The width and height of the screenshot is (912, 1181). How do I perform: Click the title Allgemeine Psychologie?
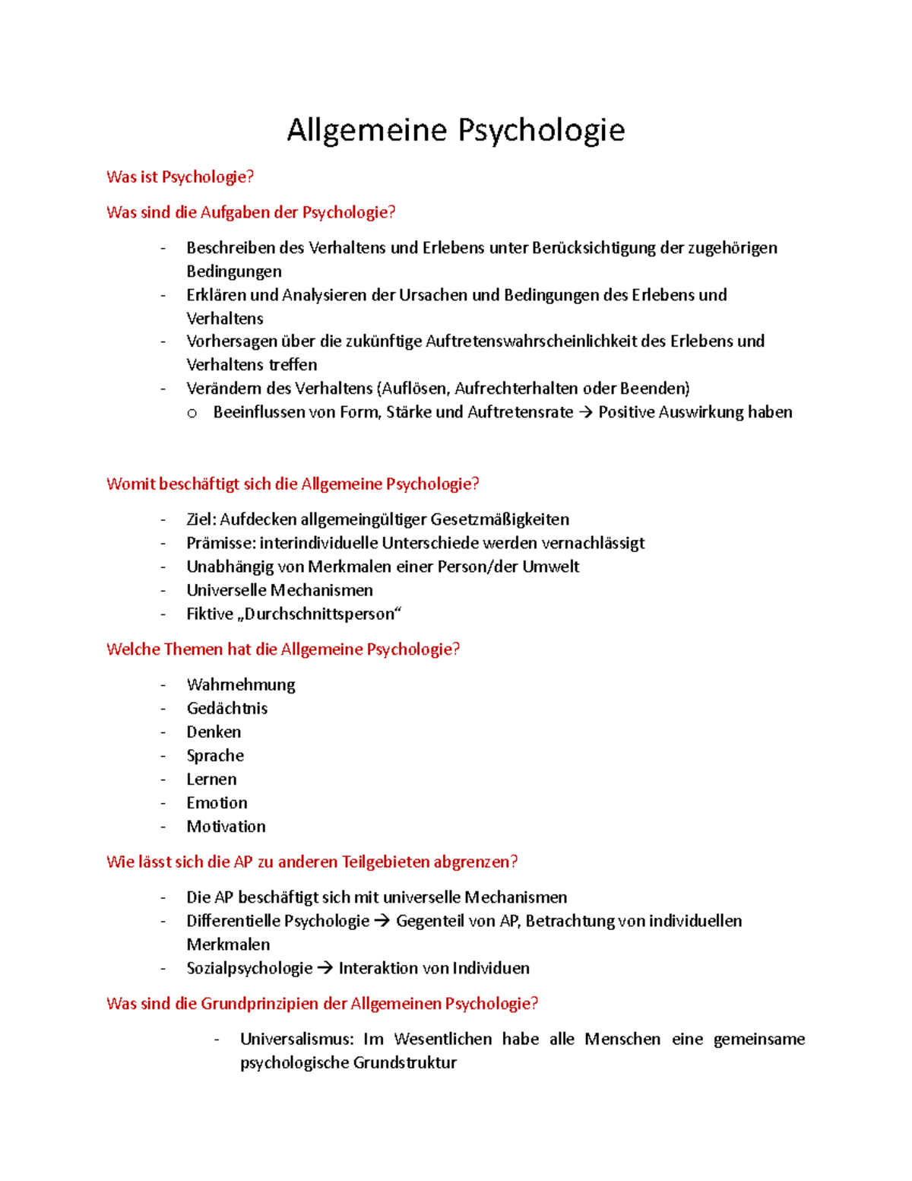[455, 130]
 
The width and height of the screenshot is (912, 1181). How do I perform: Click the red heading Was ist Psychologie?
[180, 177]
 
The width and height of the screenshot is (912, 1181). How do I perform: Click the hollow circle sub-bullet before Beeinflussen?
[192, 413]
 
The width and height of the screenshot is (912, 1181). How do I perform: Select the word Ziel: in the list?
[201, 519]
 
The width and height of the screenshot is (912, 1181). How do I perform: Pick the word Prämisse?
[221, 543]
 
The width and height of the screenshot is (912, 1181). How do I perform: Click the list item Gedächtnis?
[227, 708]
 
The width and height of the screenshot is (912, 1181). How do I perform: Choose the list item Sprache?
[215, 755]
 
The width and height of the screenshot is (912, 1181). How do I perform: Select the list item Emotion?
[217, 802]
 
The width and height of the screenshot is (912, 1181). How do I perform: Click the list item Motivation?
[226, 826]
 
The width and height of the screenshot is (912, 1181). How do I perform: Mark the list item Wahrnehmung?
[241, 684]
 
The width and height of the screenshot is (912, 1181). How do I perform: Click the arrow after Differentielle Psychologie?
[382, 921]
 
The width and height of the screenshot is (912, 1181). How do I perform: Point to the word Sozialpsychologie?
[249, 968]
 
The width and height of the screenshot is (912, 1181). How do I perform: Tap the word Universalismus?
[296, 1039]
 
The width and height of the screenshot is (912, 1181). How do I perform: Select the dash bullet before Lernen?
[163, 779]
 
